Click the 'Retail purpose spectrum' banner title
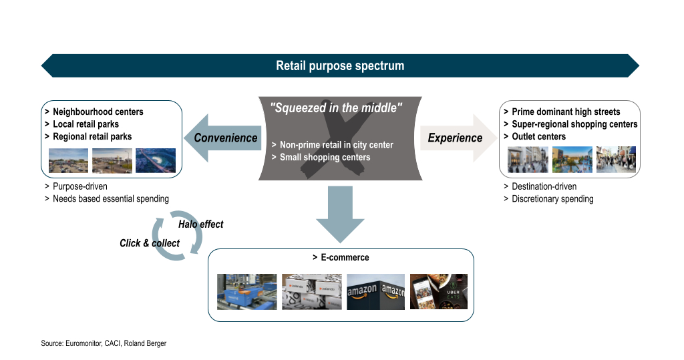(340, 66)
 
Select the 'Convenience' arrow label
(226, 138)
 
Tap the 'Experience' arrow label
(455, 138)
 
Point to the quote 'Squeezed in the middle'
(336, 108)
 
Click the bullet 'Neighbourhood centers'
(98, 112)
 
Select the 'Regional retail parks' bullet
(92, 136)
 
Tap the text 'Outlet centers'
(539, 136)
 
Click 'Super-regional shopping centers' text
(574, 124)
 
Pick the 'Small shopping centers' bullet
(325, 157)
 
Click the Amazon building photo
(375, 292)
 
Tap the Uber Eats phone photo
(439, 291)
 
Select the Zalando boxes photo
(312, 292)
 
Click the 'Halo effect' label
(200, 224)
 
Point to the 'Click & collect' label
(150, 243)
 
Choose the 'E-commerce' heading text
(345, 257)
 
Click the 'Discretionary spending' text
(552, 199)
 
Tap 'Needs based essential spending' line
(111, 199)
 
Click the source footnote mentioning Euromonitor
(104, 343)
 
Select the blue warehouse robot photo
(247, 292)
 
